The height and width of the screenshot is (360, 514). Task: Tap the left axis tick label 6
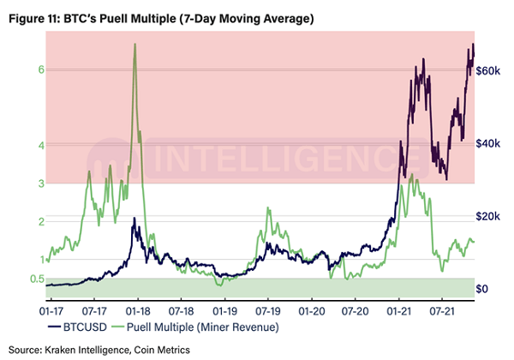coord(41,70)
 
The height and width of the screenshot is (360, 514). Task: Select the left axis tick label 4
coord(41,146)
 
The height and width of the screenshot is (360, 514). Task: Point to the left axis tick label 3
coord(41,183)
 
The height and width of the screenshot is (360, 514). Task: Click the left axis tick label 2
coord(41,221)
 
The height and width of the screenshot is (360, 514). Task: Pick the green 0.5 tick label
coord(37,278)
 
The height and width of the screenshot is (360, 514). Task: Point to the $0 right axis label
coord(483,289)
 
